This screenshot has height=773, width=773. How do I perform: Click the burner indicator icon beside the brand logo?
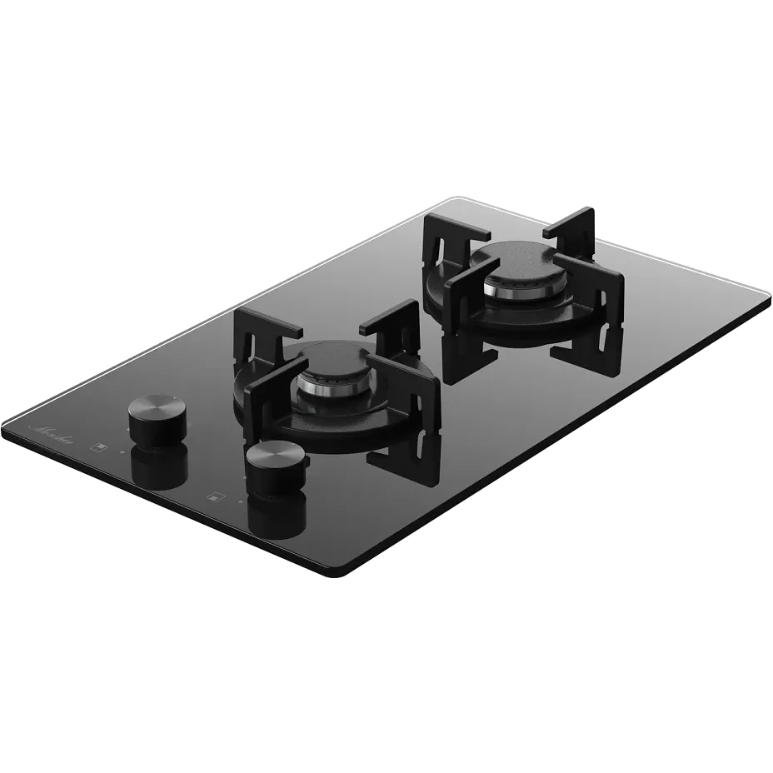coord(101,446)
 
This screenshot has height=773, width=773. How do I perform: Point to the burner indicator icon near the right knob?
coord(217,497)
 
